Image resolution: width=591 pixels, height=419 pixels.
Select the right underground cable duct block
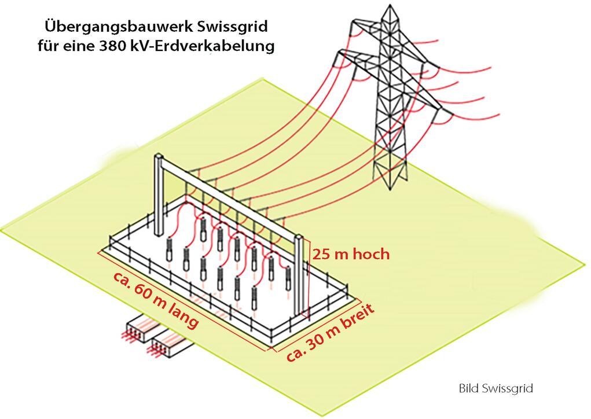(169, 345)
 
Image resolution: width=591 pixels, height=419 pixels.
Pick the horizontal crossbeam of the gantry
(232, 197)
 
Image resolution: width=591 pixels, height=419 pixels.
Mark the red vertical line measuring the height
(310, 278)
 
